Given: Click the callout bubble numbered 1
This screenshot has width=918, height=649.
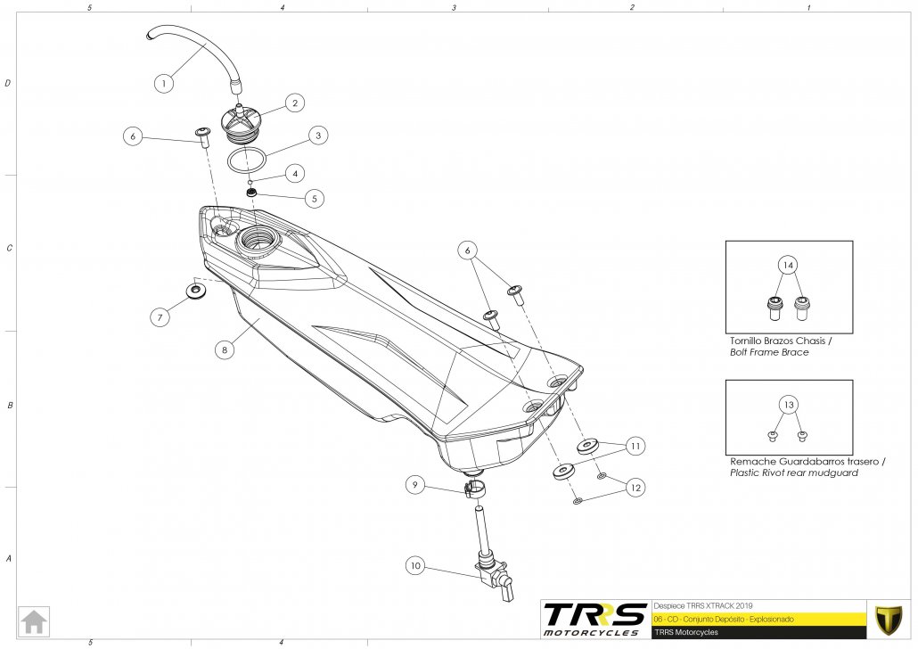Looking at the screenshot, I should [163, 84].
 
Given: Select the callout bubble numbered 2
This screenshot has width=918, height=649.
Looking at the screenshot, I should [294, 103].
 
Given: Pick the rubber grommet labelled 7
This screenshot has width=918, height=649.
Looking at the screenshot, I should [195, 291].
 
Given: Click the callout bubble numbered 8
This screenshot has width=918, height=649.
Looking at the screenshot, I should [225, 351].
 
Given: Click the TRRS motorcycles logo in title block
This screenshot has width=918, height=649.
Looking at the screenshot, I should [594, 619].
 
